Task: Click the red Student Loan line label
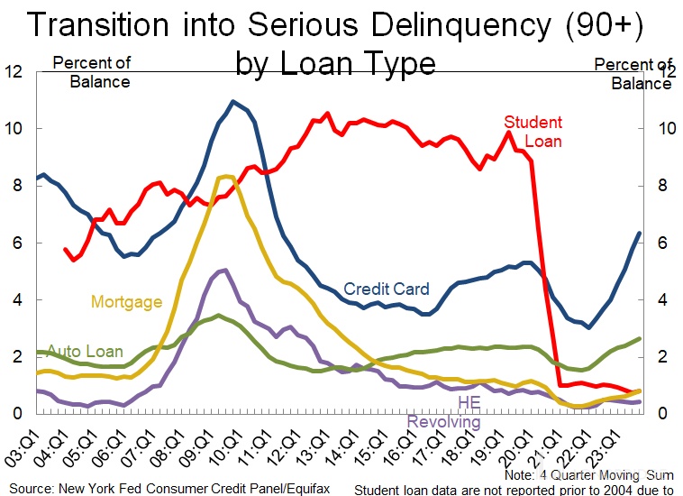533,132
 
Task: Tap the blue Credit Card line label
387,289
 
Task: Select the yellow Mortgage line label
126,301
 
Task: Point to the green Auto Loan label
85,351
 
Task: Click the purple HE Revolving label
444,412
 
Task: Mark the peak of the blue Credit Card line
233,101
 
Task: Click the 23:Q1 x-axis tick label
622,446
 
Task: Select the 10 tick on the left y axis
16,129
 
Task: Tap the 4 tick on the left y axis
20,299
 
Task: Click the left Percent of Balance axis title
92,72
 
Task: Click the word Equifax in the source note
314,489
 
